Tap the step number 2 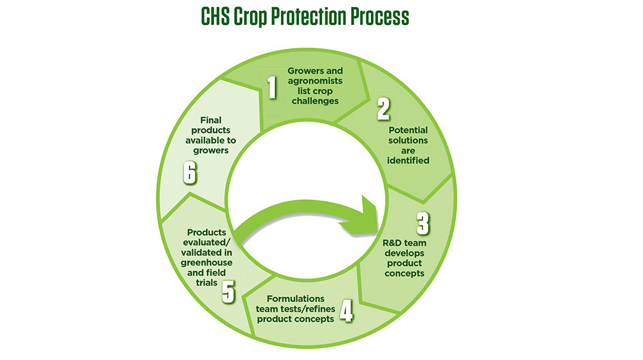(x=383, y=110)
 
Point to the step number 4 (x=346, y=310)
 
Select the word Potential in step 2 (x=407, y=130)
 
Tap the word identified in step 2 (x=407, y=160)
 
